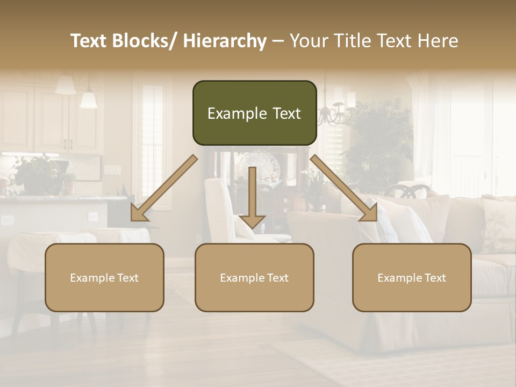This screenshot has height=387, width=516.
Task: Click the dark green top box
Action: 254,113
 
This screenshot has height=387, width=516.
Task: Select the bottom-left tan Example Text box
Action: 104,277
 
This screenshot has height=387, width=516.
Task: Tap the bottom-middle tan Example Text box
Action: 254,277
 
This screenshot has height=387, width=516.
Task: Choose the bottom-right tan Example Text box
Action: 412,277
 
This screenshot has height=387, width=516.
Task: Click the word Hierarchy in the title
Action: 225,41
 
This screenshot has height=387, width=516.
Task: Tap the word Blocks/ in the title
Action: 146,41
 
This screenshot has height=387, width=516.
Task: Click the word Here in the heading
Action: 438,41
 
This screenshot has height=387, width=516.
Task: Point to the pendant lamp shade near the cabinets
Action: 88,99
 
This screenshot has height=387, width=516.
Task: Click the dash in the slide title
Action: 278,41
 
